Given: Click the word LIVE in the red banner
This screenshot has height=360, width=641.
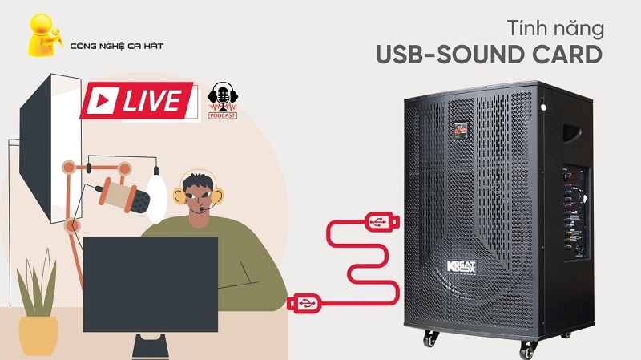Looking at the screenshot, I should click(151, 101).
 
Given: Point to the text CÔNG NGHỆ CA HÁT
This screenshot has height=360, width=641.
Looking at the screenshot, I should click(117, 46).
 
